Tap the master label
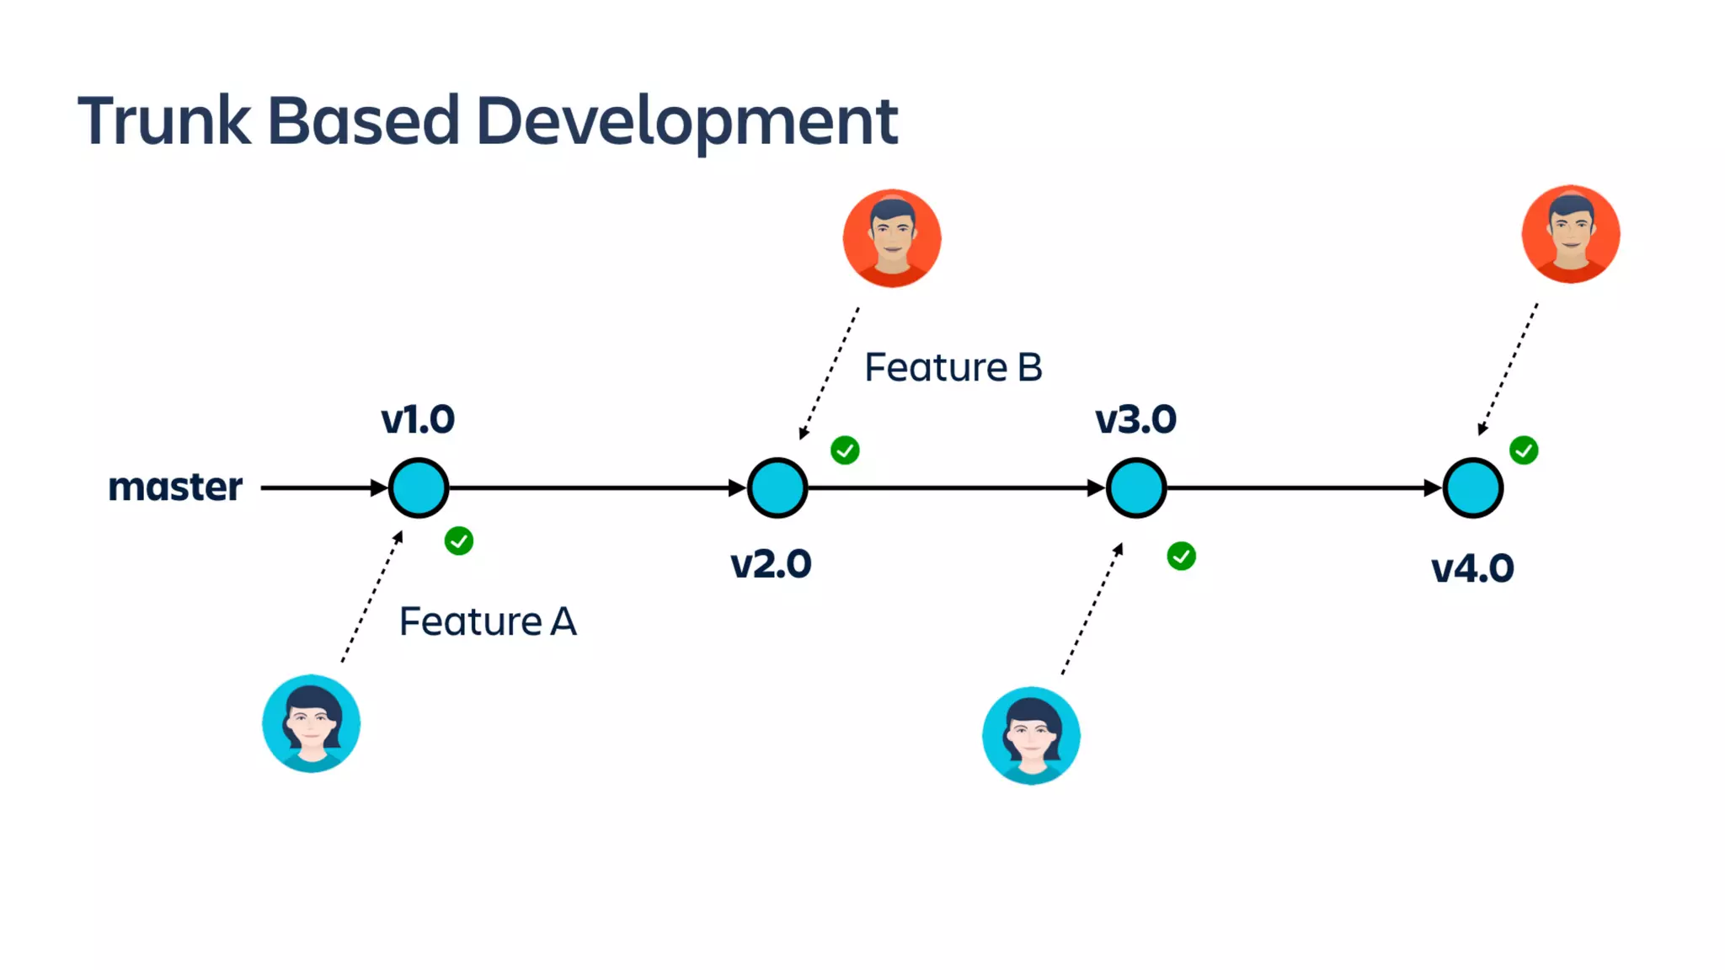[175, 487]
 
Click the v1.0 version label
[418, 419]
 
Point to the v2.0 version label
[771, 564]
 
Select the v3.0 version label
[1135, 419]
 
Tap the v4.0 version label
[1472, 568]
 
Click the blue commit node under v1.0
[419, 488]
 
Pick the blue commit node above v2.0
[777, 488]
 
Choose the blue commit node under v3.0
[1136, 488]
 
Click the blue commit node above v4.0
[1473, 488]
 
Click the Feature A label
[488, 622]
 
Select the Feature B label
[953, 368]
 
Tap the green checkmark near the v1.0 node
[459, 541]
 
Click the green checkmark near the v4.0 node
[1524, 450]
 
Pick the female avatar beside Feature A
[312, 723]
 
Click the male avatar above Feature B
[892, 238]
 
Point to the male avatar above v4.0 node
[1571, 234]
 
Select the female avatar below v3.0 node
[1031, 736]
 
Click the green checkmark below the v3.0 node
[1181, 556]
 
